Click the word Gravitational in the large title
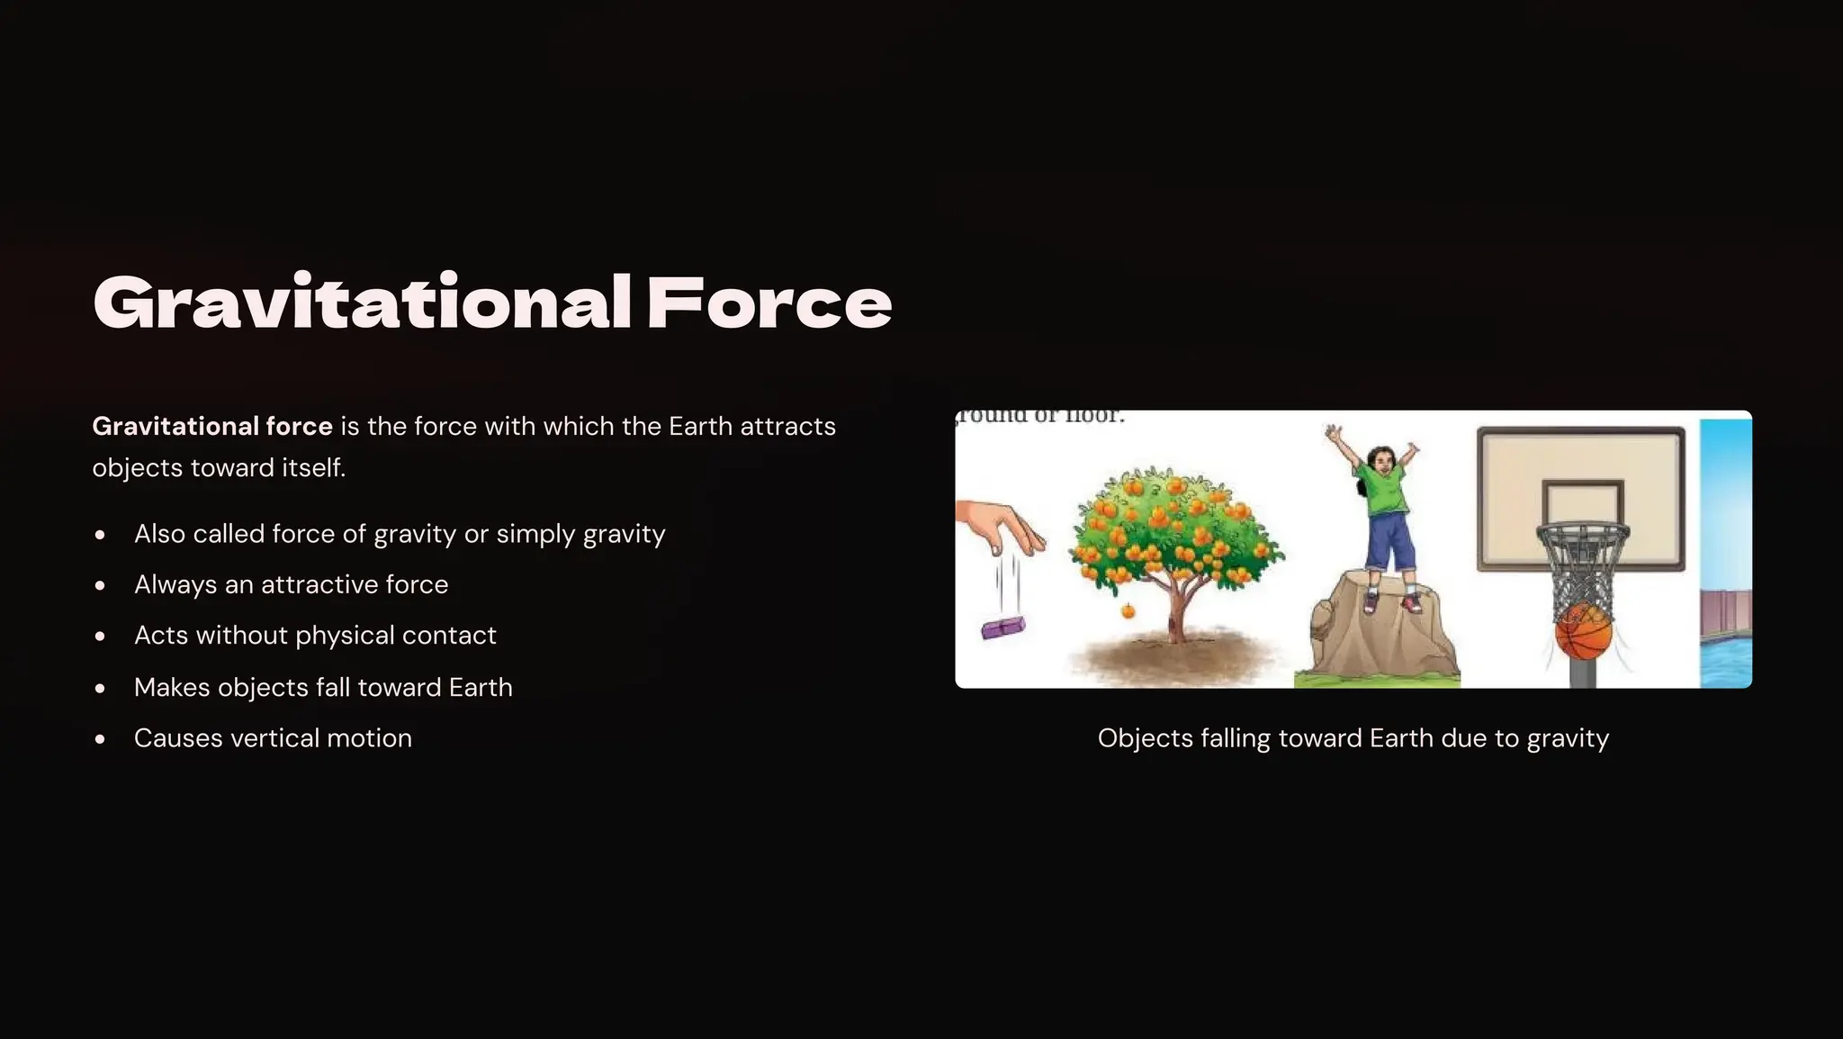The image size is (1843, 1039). [362, 303]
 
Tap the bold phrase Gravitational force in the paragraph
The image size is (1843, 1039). [212, 426]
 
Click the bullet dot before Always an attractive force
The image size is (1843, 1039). [100, 585]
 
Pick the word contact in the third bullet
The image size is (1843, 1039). [449, 636]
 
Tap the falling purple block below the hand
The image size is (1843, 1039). [1002, 628]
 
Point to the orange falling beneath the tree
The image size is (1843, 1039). [1128, 612]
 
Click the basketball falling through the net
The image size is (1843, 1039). [1583, 632]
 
